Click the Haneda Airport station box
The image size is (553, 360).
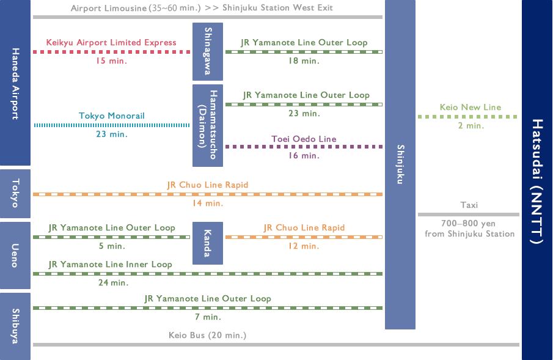coord(15,83)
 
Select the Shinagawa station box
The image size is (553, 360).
coord(208,51)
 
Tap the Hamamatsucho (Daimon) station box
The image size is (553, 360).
coord(208,125)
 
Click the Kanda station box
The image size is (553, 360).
coord(208,243)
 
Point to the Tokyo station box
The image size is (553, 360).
coord(15,193)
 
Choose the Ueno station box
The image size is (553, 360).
coord(15,255)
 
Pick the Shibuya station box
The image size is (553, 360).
coord(15,326)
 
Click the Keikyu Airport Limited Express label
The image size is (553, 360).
coord(111,42)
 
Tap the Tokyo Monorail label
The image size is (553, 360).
coord(111,116)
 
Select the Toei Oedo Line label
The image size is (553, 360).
coord(304,139)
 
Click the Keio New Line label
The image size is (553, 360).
coord(470,108)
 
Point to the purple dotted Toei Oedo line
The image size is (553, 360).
coord(304,147)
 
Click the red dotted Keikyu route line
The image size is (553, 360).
coord(111,52)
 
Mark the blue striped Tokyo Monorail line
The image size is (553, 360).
coord(111,125)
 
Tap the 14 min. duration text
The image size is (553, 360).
coord(208,204)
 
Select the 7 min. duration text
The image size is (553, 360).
coord(208,317)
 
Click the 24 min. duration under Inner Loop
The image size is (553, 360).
coord(113,283)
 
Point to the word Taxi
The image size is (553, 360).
coord(469,205)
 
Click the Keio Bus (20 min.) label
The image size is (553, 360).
coord(207,336)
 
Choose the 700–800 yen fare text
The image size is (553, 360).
coord(468,224)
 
